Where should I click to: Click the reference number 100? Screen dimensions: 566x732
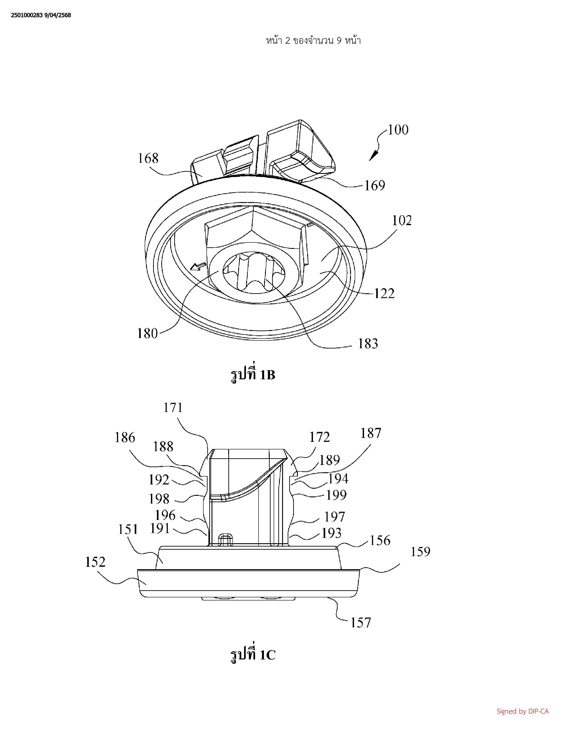coord(398,130)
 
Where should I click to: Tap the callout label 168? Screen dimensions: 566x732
coord(148,158)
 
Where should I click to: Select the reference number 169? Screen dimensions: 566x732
coord(374,185)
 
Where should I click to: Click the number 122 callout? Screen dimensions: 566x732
coord(384,294)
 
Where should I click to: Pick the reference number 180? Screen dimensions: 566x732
coord(148,333)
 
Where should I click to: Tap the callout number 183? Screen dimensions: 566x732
coord(368,344)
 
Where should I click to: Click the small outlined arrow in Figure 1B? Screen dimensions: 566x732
coord(198,267)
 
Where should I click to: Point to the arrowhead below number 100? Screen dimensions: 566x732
coord(373,156)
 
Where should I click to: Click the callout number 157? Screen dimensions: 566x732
coord(361,622)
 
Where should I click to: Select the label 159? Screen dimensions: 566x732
coord(420,552)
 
